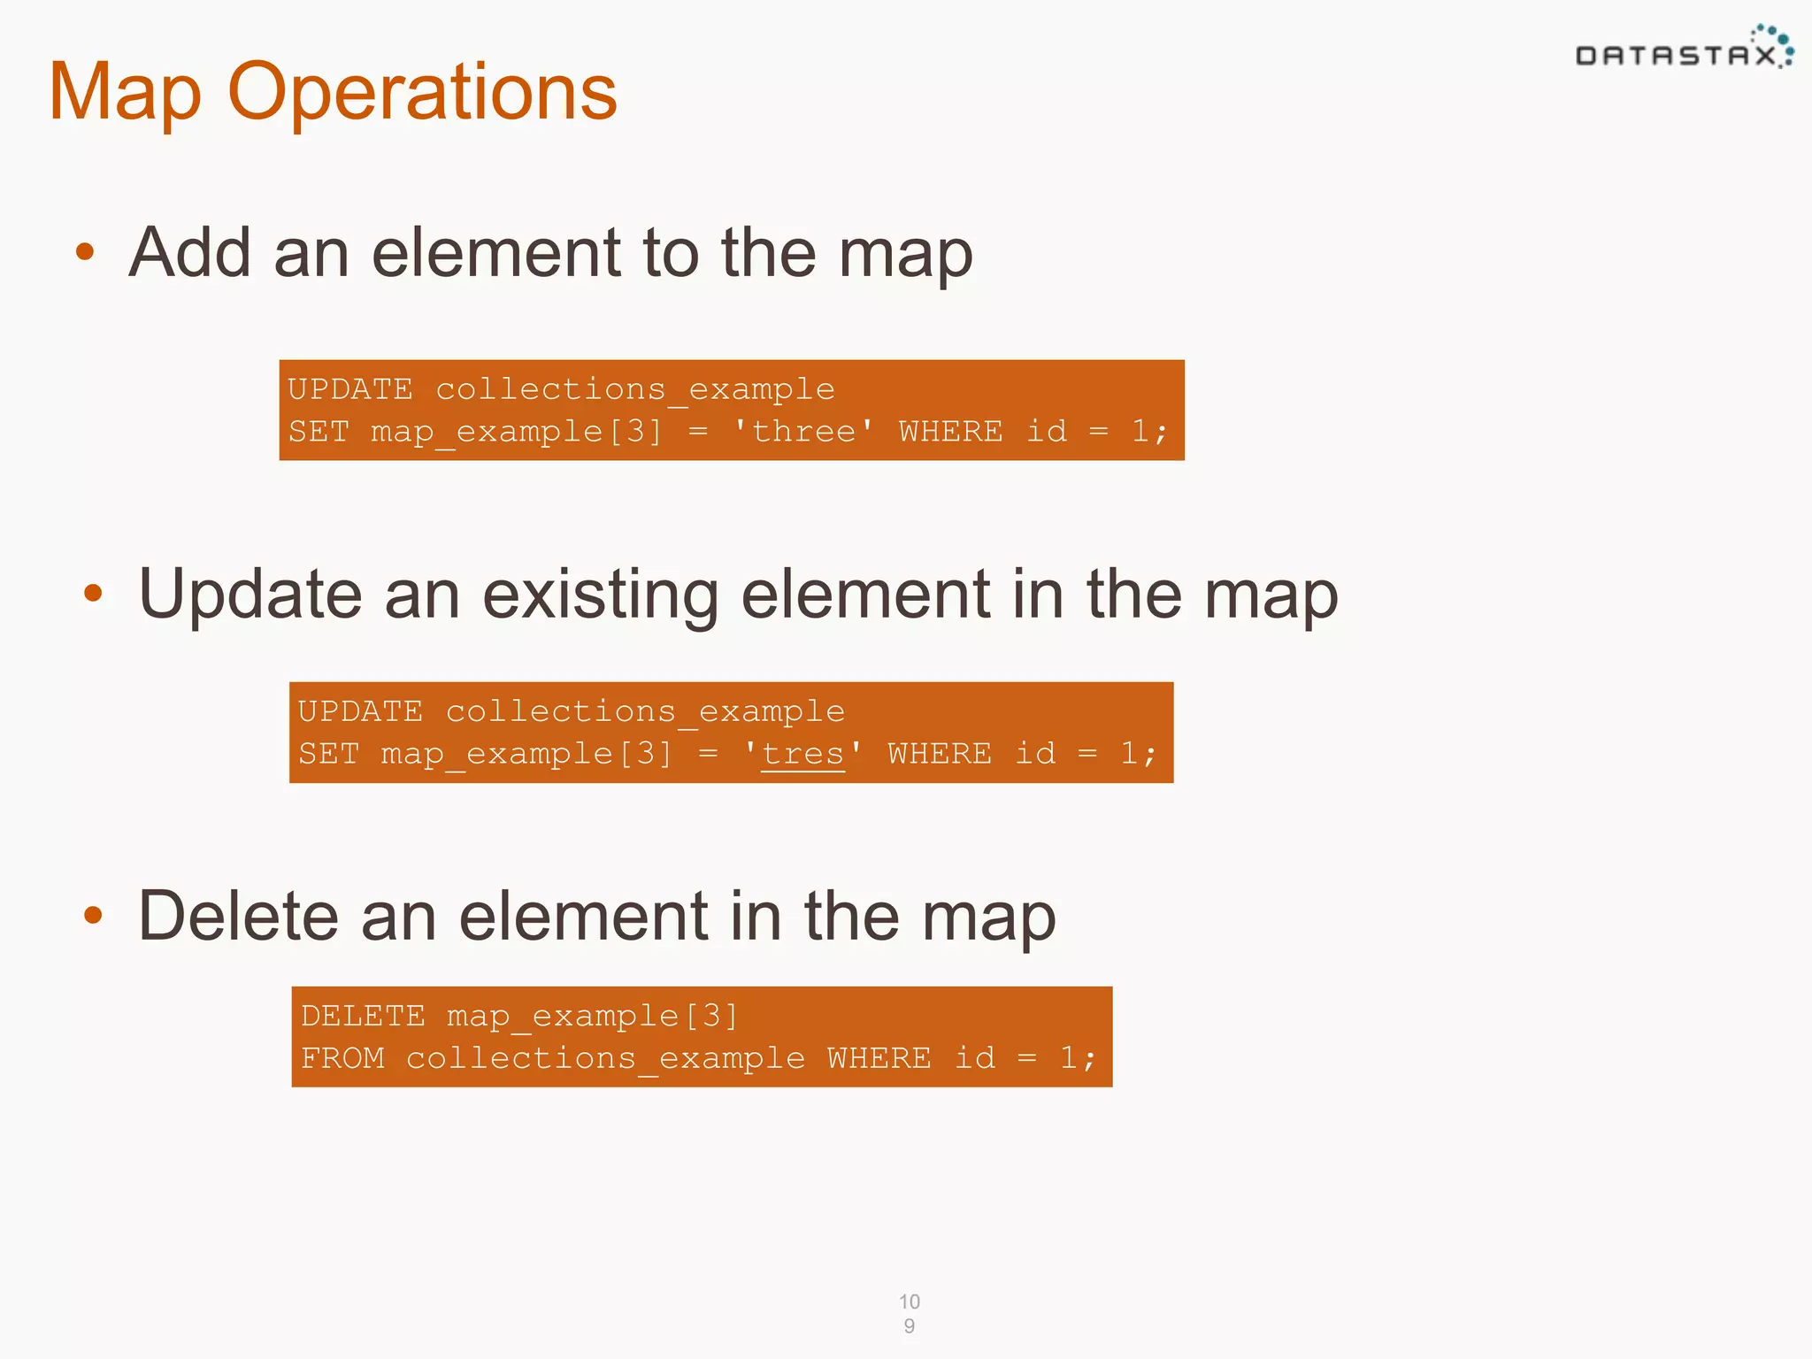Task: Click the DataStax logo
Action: pyautogui.click(x=1684, y=51)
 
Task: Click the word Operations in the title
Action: pyautogui.click(x=422, y=92)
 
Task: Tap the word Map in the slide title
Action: pyautogui.click(x=125, y=94)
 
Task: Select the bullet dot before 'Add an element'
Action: pyautogui.click(x=85, y=252)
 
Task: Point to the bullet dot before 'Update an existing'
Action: pyautogui.click(x=94, y=594)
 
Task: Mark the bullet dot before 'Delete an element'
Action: pyautogui.click(x=94, y=915)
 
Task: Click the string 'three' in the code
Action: pyautogui.click(x=802, y=432)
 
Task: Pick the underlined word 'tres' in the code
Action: pyautogui.click(x=802, y=754)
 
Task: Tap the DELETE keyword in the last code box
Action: pyautogui.click(x=363, y=1016)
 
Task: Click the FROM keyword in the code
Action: pyautogui.click(x=343, y=1058)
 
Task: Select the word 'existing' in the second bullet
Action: pyautogui.click(x=600, y=594)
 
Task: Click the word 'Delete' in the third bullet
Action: pyautogui.click(x=238, y=915)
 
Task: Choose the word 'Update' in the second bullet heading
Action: pyautogui.click(x=250, y=594)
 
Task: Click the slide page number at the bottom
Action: pyautogui.click(x=909, y=1313)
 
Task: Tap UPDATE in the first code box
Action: pyautogui.click(x=350, y=389)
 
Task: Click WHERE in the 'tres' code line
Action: pyautogui.click(x=940, y=754)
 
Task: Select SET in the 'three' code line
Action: pyautogui.click(x=319, y=432)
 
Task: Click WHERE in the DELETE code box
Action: pyautogui.click(x=879, y=1058)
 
